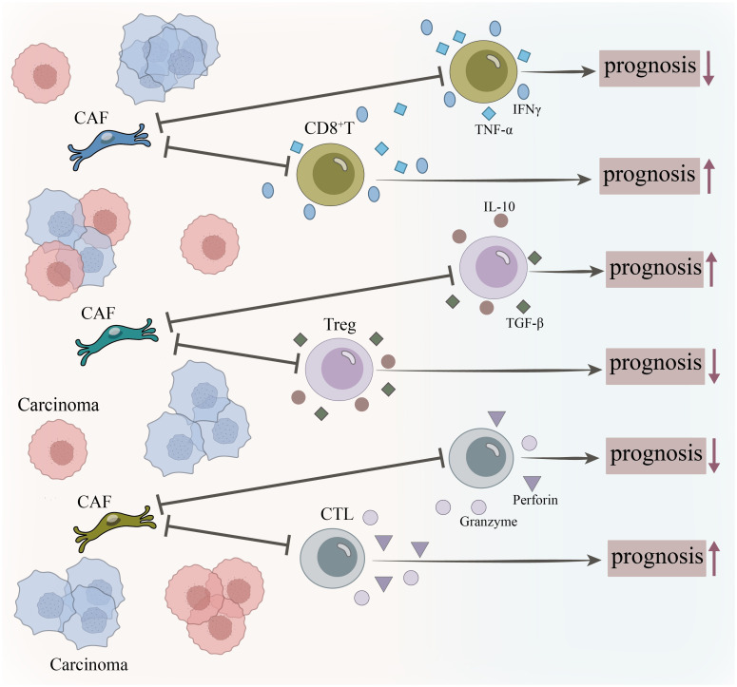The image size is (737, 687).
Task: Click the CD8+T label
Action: [x=328, y=127]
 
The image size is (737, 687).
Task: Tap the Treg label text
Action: [x=339, y=324]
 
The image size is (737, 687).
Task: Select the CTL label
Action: [x=337, y=514]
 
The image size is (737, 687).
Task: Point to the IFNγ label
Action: [x=527, y=110]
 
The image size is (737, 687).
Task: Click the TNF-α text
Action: [x=494, y=129]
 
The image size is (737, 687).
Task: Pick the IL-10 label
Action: [x=499, y=206]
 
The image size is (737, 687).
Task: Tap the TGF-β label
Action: [x=525, y=323]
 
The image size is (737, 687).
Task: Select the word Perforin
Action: [x=535, y=500]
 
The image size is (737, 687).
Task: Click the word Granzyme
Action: [x=489, y=522]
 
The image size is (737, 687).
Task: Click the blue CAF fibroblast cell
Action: [x=109, y=143]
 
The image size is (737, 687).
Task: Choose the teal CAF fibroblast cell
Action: [x=116, y=338]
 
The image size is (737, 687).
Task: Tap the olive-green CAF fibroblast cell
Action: [x=115, y=525]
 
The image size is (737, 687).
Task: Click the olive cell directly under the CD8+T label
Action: [x=330, y=174]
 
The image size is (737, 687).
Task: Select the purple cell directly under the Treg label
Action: [x=339, y=369]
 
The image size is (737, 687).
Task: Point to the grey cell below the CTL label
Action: [x=333, y=558]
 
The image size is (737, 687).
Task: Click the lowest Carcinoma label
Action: [x=88, y=664]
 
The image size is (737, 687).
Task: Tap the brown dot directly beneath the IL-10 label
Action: [x=500, y=220]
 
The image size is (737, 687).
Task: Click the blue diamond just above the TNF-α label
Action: [x=489, y=113]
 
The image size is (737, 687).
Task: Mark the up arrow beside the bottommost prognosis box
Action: [x=714, y=558]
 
